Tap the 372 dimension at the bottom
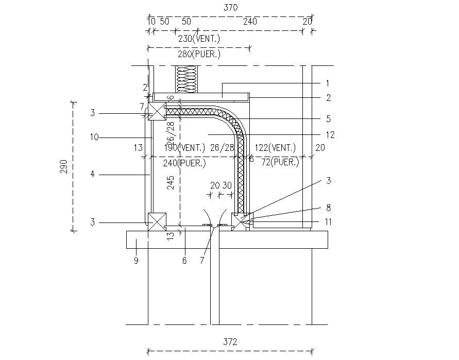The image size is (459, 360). point(230,341)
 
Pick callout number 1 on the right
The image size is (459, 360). point(328,83)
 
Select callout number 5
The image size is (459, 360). point(328,118)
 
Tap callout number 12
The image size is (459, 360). point(330,135)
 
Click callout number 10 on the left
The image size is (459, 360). point(93,138)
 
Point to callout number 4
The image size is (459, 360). point(93,175)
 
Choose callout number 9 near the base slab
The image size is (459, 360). point(136,261)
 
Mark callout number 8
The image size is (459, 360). point(328,208)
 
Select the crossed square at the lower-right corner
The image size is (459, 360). point(240,221)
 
